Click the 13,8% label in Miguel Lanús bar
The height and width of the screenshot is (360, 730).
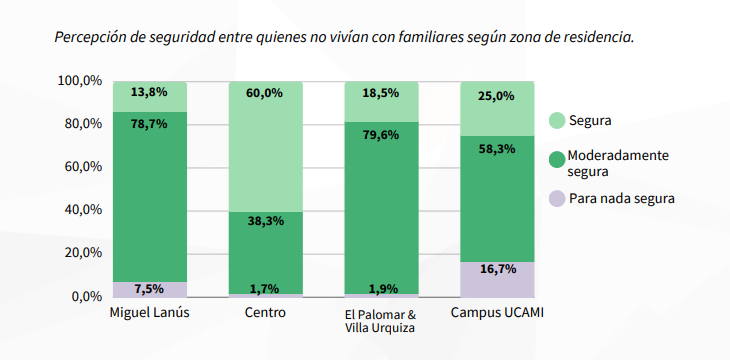[149, 92]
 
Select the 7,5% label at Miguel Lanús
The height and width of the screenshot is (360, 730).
[149, 289]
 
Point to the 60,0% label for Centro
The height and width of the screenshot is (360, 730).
[265, 92]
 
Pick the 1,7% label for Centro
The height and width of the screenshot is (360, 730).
[265, 289]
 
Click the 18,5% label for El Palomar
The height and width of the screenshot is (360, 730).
[381, 92]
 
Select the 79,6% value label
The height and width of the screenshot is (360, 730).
[381, 134]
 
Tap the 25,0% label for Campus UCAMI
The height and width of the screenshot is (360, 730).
[497, 96]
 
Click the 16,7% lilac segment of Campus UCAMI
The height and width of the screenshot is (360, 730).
[497, 279]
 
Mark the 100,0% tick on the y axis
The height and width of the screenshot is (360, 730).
[80, 80]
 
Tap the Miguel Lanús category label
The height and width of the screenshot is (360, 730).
[149, 313]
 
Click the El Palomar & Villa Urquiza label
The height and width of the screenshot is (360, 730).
[381, 320]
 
